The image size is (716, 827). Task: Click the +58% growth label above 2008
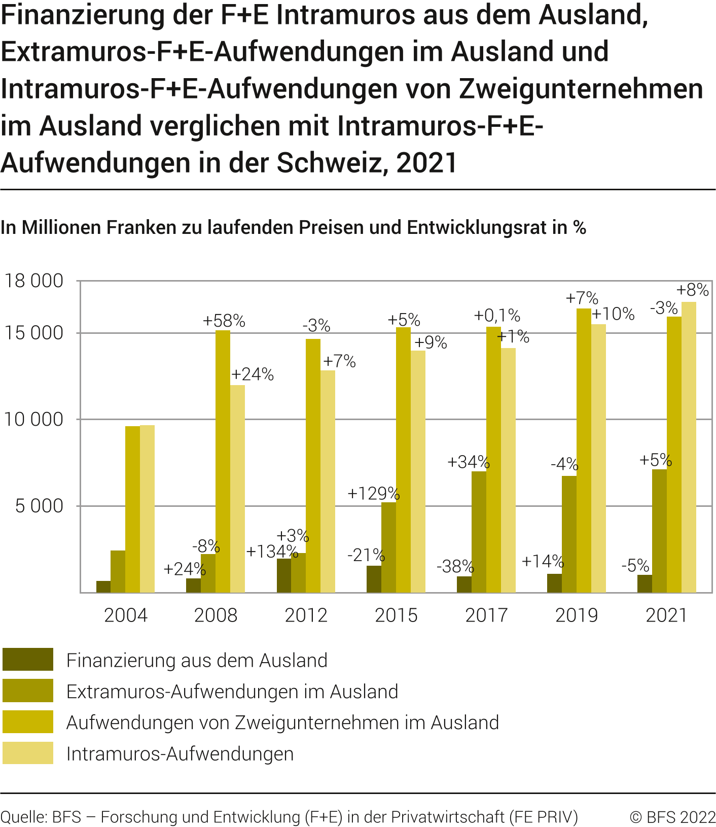click(x=224, y=321)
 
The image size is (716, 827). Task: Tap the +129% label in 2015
click(x=373, y=494)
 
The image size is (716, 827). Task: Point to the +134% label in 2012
click(x=272, y=552)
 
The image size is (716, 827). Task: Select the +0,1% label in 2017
click(x=497, y=316)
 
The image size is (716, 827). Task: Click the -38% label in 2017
click(x=455, y=566)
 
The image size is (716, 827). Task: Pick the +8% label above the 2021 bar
click(x=693, y=290)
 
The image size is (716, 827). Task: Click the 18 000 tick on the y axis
click(x=34, y=281)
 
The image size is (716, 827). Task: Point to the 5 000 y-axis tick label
click(x=39, y=506)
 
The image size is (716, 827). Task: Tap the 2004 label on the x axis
click(x=125, y=615)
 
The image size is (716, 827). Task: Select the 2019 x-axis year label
click(x=577, y=615)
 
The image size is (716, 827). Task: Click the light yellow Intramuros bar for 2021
click(x=689, y=446)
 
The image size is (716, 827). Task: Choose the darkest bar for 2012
click(x=284, y=575)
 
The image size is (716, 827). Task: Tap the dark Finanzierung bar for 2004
click(x=103, y=587)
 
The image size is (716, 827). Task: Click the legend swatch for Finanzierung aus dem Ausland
click(x=28, y=660)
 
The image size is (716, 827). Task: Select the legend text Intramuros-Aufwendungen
click(x=180, y=754)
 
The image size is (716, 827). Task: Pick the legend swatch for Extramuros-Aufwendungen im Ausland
click(x=28, y=691)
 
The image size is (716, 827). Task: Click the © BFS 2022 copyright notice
click(x=672, y=817)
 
